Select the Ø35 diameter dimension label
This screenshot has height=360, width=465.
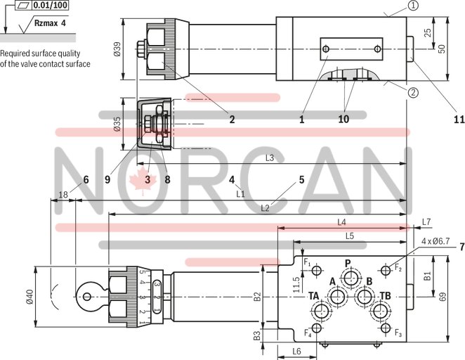click(118, 124)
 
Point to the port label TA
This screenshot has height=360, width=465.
click(314, 295)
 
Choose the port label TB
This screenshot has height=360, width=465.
click(386, 295)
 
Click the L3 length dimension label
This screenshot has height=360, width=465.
click(270, 159)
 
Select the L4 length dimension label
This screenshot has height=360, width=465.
click(342, 222)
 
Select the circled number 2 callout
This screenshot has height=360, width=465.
click(414, 91)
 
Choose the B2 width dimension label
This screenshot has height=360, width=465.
click(257, 296)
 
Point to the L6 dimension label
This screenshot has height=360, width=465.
click(296, 351)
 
